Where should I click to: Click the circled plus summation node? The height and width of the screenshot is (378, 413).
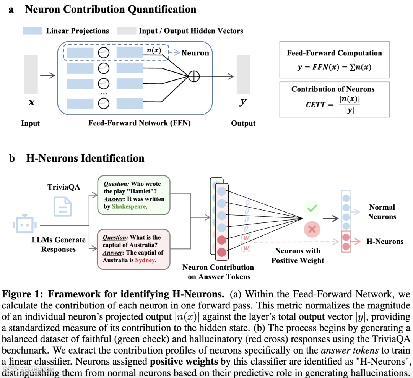coord(194,76)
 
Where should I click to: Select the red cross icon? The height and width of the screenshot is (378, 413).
coord(312,229)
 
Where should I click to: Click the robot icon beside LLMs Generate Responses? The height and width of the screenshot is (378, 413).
coord(22,225)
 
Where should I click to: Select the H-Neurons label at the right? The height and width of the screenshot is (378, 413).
coord(385,242)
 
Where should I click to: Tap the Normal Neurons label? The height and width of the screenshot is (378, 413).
coord(382,212)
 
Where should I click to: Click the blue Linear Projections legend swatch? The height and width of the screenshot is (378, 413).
coord(33,31)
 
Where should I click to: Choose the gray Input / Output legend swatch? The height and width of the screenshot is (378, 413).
coord(126,31)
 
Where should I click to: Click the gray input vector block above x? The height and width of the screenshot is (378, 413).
coord(31,74)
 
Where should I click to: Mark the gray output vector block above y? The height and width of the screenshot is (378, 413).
coord(243,74)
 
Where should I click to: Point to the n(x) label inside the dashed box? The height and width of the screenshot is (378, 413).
coord(154,50)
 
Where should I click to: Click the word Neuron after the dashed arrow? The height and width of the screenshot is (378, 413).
coord(195,53)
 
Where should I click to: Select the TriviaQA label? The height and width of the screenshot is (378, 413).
coord(63,187)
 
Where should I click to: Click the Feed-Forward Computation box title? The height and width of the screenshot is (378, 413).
coord(334,53)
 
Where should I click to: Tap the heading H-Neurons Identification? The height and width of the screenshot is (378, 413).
coord(85,158)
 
